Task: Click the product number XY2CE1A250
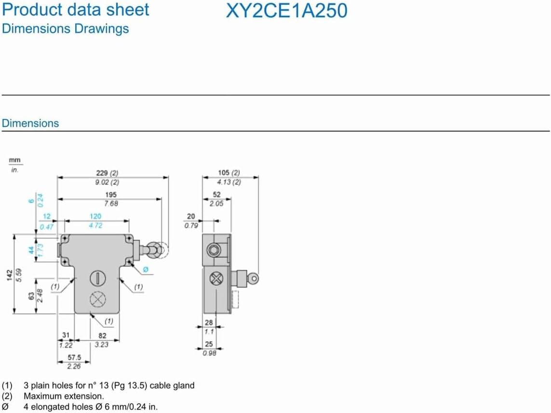click(x=286, y=11)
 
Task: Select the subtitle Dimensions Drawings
click(x=66, y=28)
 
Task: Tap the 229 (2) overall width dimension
click(x=107, y=173)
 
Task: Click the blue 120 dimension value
click(x=95, y=217)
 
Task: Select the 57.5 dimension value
click(x=74, y=358)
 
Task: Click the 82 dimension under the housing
click(x=102, y=335)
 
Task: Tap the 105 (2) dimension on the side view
click(x=228, y=173)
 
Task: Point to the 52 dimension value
click(x=216, y=195)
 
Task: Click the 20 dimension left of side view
click(x=191, y=217)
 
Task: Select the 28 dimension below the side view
click(x=208, y=322)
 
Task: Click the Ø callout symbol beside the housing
click(x=147, y=269)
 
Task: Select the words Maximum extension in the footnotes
click(x=64, y=396)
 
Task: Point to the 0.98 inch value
click(x=209, y=353)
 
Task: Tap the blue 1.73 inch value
click(x=41, y=250)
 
